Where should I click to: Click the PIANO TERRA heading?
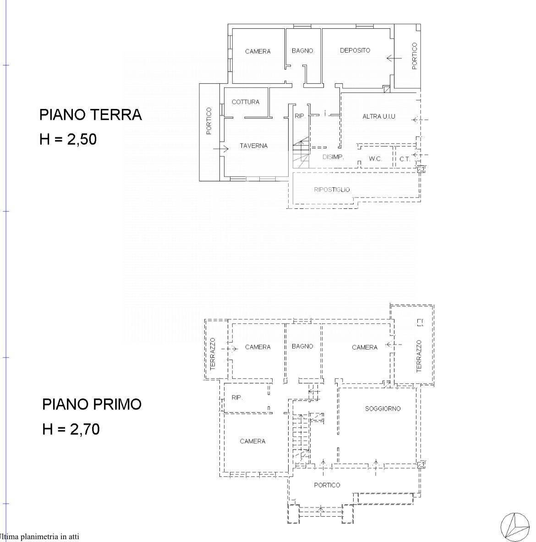(90, 115)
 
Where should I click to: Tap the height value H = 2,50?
(68, 139)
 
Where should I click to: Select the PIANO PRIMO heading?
(92, 404)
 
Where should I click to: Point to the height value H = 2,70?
(71, 429)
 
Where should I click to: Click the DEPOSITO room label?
(355, 50)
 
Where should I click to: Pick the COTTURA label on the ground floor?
(245, 102)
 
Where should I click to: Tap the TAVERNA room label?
(253, 146)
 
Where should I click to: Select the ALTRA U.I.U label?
(378, 117)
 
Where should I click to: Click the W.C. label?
(375, 159)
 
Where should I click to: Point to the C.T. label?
(405, 159)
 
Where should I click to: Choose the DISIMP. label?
(333, 157)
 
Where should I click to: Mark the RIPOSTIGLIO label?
(332, 190)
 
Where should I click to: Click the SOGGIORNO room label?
(383, 409)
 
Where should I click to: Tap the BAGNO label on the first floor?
(302, 346)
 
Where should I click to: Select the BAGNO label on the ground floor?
(302, 51)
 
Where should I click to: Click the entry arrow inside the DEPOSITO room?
(394, 58)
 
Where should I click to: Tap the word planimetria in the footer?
(39, 537)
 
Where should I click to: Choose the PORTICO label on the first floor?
(327, 485)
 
